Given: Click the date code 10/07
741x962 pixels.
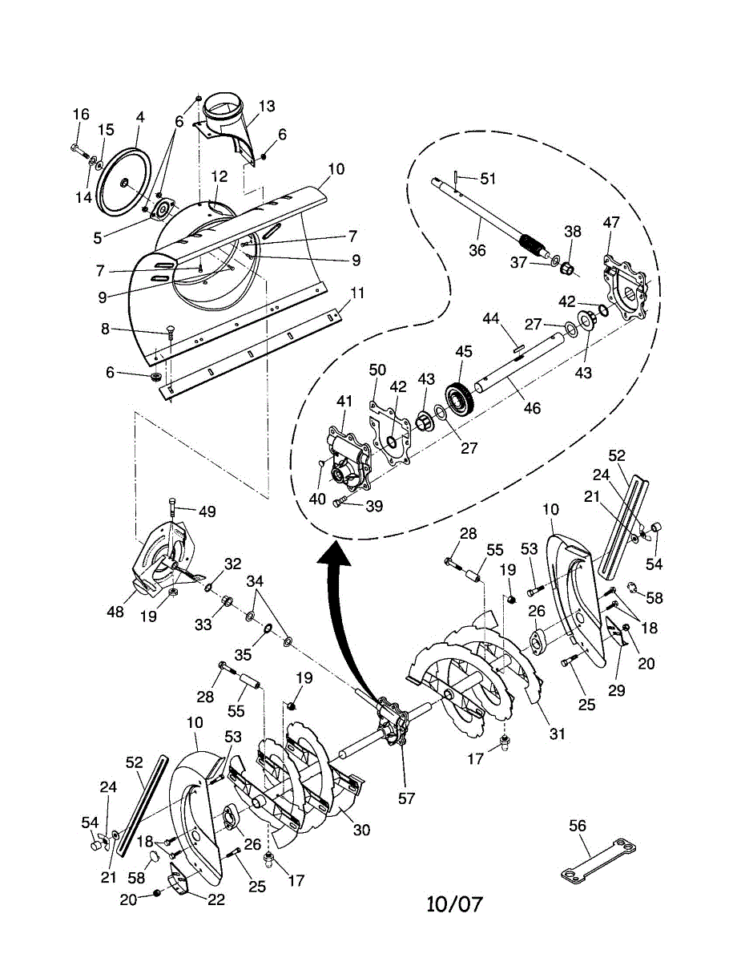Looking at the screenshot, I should (x=454, y=904).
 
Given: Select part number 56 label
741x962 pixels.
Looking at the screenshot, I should (x=577, y=826).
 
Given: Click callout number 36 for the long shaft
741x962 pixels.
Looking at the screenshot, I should (x=477, y=250).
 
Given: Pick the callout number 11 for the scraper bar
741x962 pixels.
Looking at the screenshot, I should (x=357, y=293).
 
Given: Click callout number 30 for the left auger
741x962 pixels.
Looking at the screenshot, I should (x=361, y=831).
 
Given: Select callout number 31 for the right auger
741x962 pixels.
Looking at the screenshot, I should (x=556, y=733).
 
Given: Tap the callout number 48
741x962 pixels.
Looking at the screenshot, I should (x=115, y=611).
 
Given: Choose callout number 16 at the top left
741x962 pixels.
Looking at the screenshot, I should (x=81, y=115).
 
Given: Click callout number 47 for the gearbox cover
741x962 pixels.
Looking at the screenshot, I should (x=611, y=223).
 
